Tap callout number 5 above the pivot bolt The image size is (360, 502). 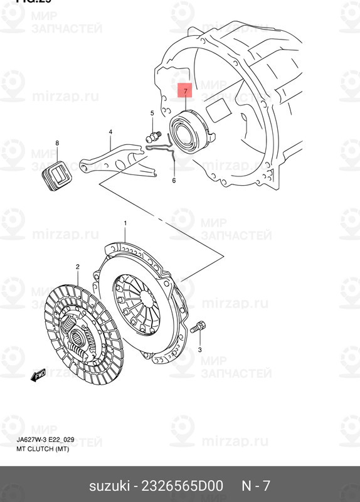coord(152,113)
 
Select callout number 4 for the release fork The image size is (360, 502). coord(110,132)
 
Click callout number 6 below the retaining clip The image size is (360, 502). coord(174,181)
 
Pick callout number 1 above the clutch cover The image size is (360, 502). coord(125,223)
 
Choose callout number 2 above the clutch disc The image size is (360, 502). coord(78,267)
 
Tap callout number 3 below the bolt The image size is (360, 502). coord(199,349)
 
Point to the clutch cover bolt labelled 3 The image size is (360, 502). coord(199,326)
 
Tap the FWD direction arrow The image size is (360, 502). coord(39,375)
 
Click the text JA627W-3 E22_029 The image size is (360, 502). coord(46,440)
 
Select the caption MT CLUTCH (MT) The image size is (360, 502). coord(43,450)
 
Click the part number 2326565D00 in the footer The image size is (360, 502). coord(181,486)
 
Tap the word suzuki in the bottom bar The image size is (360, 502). coord(109,486)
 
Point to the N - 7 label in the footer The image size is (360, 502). coord(257,486)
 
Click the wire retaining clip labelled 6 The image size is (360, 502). coord(162,148)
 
